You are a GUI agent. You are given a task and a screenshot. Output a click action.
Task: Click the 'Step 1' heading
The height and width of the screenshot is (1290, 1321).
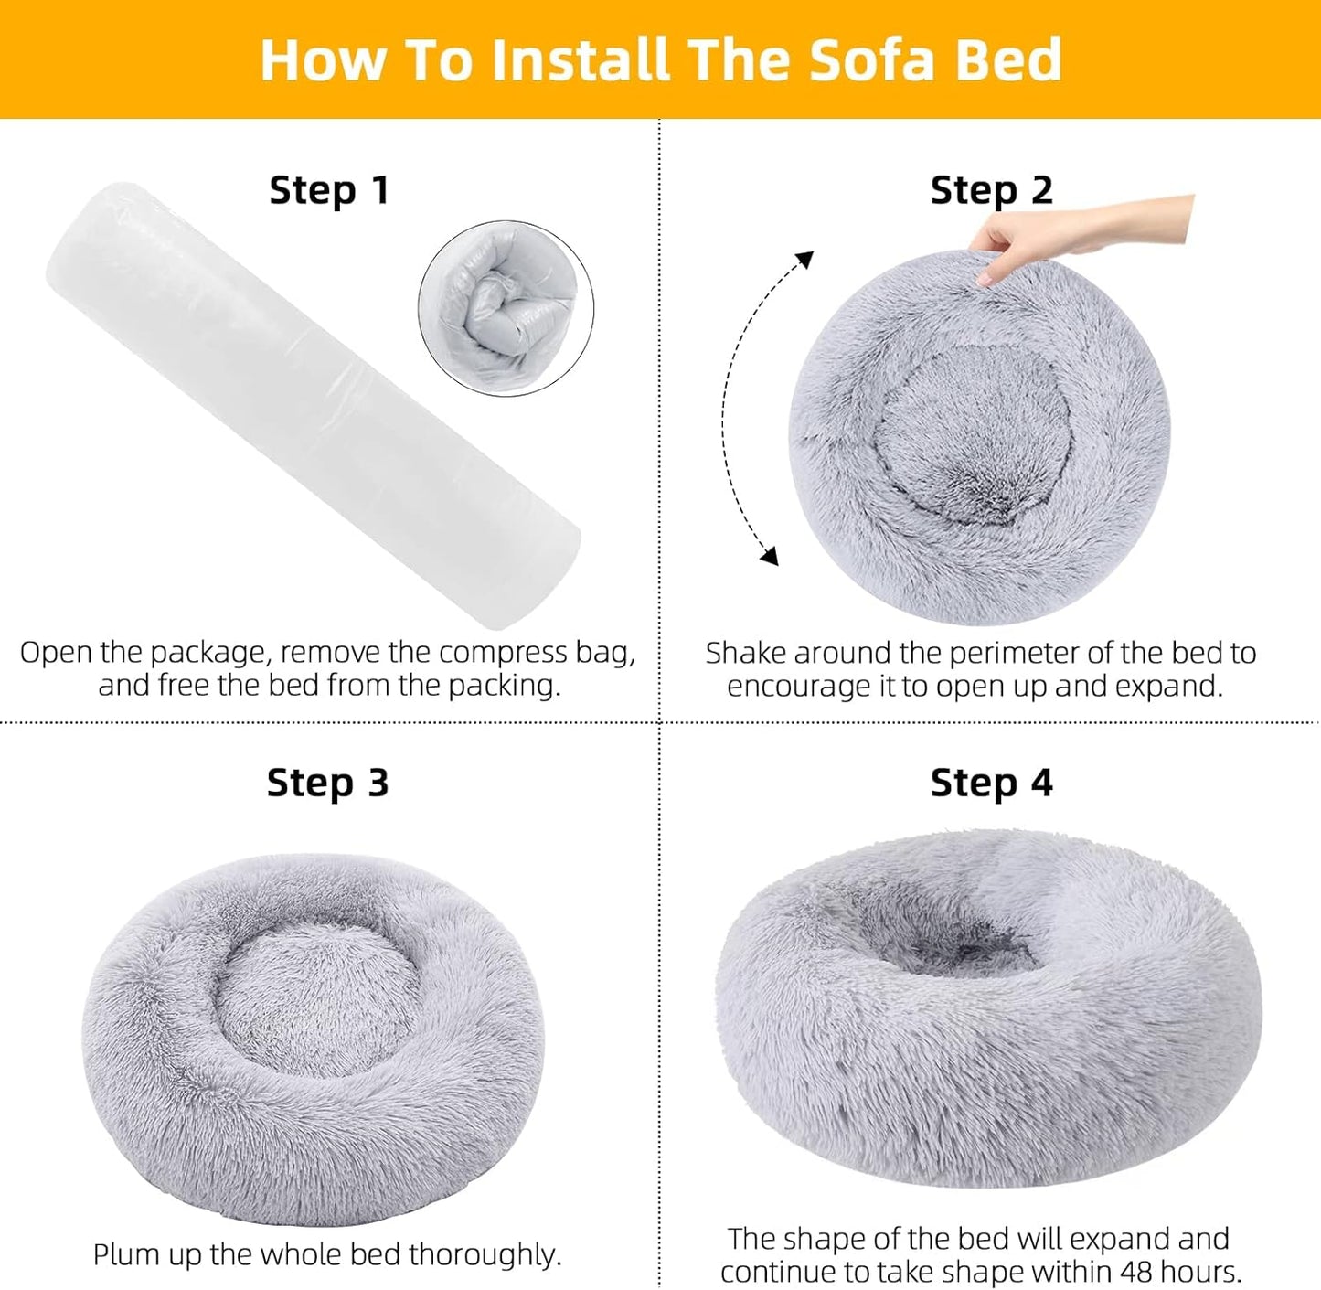329,191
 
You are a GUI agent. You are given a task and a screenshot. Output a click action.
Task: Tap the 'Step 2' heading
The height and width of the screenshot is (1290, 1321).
992,191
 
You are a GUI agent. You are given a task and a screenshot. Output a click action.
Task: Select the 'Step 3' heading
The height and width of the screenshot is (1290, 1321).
327,784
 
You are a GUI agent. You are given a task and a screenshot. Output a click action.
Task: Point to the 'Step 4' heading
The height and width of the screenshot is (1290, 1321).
992,784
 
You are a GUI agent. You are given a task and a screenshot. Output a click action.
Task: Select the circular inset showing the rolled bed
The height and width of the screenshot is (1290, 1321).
506,308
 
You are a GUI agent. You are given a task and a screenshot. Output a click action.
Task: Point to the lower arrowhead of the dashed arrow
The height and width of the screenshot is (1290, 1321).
770,555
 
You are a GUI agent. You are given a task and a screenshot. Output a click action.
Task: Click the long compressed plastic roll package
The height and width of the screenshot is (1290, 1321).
311,402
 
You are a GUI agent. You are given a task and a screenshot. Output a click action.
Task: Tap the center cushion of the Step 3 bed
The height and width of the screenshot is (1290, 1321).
320,997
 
